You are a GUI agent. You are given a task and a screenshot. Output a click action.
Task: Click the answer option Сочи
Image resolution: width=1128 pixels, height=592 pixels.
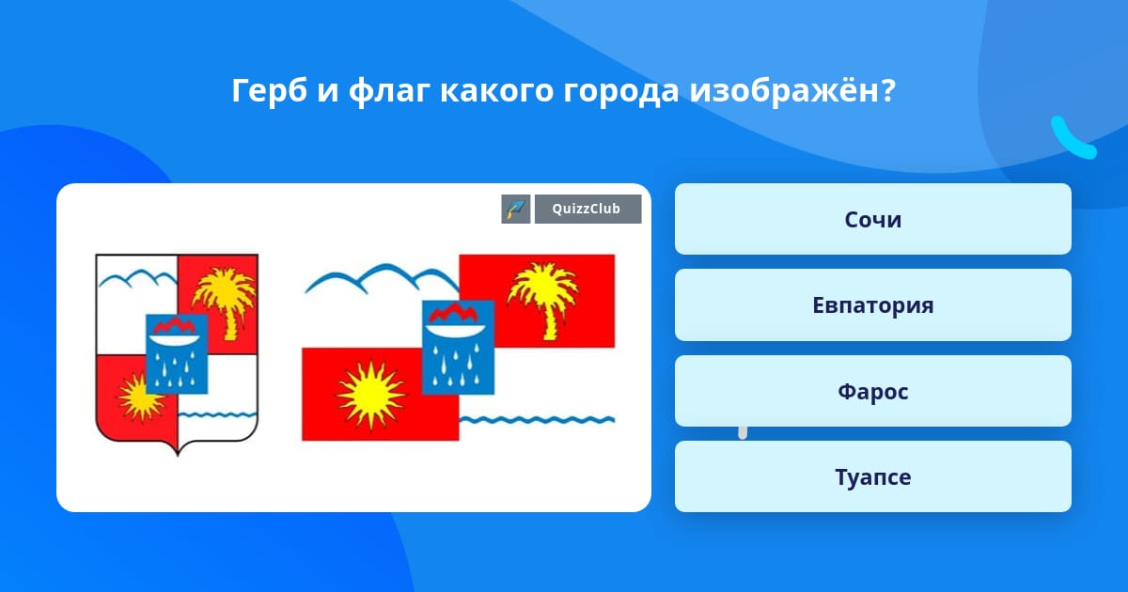872,219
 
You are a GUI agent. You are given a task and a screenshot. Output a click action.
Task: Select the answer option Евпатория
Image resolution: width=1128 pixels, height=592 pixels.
872,305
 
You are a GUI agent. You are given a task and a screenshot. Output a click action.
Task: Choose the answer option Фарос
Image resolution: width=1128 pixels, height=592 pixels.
872,391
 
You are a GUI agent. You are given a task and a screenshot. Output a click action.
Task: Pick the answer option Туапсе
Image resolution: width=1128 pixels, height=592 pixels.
872,476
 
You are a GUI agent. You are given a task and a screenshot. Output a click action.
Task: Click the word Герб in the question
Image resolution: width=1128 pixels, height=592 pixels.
270,92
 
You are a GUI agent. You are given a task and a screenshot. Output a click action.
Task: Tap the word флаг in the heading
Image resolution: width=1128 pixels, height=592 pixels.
390,92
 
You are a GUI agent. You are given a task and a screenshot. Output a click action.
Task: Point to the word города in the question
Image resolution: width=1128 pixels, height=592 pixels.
621,92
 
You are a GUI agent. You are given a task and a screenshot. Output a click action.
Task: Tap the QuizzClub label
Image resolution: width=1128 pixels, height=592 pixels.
587,209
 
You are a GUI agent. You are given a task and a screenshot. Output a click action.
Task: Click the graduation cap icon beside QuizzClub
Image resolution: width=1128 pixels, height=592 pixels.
516,209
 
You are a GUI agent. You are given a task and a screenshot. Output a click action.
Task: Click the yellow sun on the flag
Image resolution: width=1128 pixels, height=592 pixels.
371,395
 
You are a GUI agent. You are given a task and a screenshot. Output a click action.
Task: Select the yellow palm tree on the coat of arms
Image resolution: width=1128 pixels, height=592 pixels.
224,303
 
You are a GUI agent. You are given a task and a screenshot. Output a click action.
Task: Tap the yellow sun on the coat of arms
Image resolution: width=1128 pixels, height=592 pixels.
138,397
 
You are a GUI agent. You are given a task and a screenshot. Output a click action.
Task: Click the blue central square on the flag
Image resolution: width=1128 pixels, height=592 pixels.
458,348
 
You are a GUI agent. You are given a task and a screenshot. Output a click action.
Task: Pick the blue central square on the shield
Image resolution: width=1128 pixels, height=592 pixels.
177,354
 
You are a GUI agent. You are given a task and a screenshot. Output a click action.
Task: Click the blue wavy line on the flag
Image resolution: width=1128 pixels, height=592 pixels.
537,420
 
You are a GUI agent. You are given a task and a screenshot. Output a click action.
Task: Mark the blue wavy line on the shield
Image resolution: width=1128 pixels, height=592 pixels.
217,415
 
